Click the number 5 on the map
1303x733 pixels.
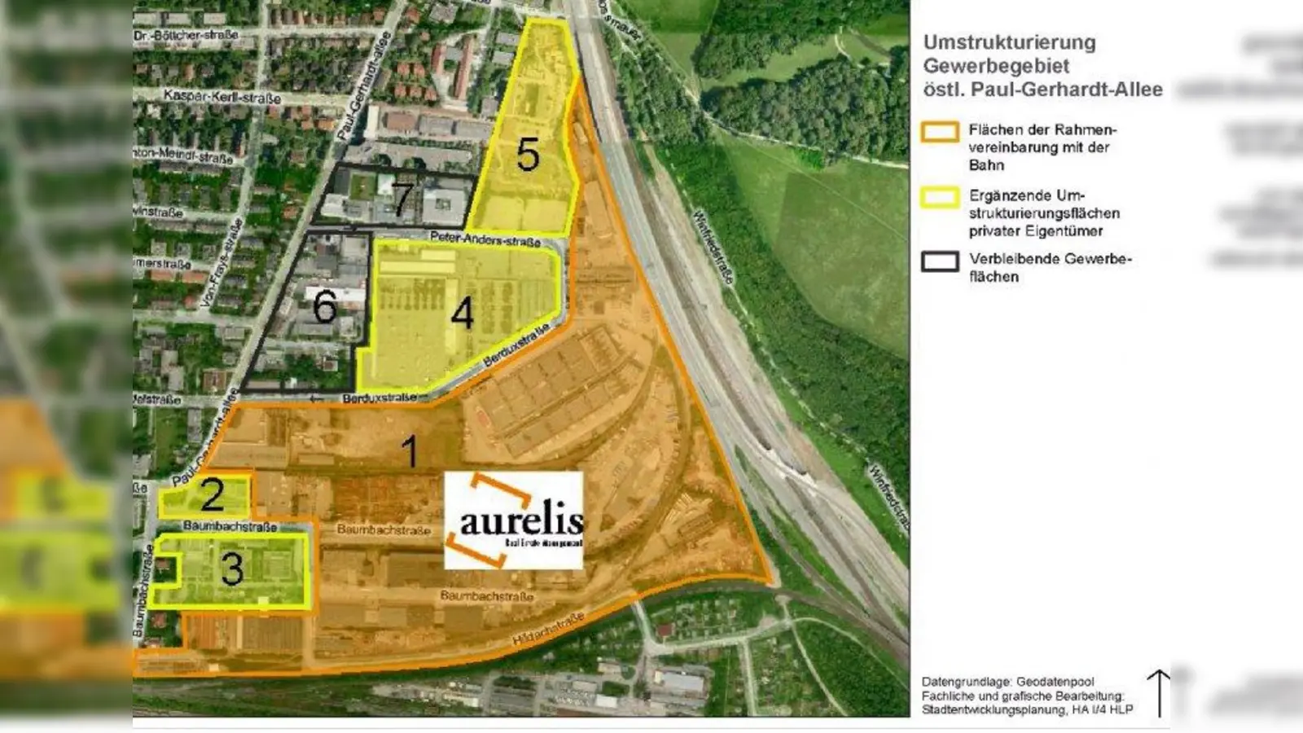528,153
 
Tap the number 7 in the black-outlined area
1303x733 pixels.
401,200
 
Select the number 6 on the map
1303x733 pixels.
324,307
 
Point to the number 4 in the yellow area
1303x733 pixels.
462,314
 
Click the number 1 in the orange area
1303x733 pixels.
410,451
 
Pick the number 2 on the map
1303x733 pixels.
212,494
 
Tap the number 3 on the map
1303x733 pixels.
232,568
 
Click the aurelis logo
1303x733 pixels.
513,520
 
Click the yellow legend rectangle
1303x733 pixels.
939,197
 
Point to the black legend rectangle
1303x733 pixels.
939,261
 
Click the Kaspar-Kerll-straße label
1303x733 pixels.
222,97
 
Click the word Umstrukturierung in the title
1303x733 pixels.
1009,42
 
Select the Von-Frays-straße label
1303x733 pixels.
221,262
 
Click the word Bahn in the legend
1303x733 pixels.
986,165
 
